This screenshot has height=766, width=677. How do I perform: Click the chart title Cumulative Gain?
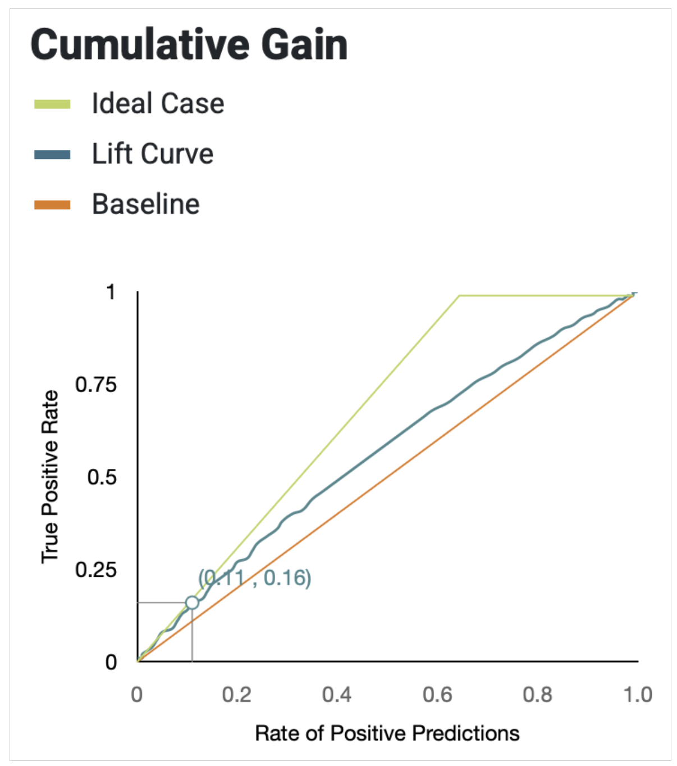(x=189, y=45)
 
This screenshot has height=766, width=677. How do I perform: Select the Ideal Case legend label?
(x=158, y=104)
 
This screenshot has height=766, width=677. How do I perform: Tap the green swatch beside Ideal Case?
(x=52, y=104)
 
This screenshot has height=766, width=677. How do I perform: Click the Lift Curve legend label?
(x=153, y=154)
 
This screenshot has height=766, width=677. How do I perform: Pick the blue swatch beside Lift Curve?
(x=52, y=155)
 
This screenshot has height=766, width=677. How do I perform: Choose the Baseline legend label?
(x=145, y=204)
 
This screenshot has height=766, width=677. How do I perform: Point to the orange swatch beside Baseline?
(x=52, y=205)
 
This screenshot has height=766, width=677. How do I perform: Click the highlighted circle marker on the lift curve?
(x=192, y=603)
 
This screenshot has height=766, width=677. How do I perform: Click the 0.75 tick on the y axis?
(x=96, y=385)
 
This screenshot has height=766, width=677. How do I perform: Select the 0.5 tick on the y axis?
(x=102, y=477)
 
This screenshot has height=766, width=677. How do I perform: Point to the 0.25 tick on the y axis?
(x=96, y=570)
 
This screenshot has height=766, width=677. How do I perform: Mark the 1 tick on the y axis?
(x=111, y=292)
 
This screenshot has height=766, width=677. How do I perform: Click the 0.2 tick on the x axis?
(x=236, y=695)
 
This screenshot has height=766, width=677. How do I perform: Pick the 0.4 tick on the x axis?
(x=337, y=695)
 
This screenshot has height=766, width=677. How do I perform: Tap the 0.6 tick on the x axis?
(x=437, y=695)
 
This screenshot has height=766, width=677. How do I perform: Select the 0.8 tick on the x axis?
(x=537, y=695)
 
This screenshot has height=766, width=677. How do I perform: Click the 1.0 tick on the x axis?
(x=638, y=695)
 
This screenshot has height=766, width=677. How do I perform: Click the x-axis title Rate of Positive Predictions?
(x=387, y=733)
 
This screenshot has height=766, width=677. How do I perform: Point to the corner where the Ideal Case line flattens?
(x=459, y=295)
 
